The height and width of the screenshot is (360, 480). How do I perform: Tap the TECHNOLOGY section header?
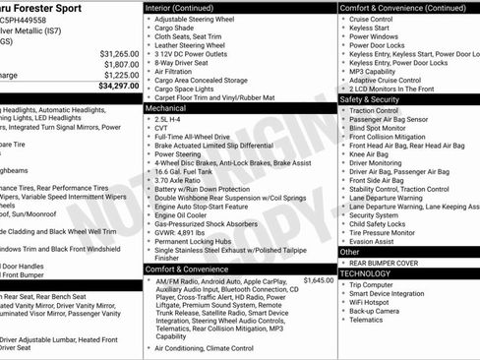point(366,273)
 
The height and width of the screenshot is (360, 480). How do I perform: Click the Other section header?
point(350,252)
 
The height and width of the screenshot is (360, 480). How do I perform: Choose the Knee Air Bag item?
point(372,154)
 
